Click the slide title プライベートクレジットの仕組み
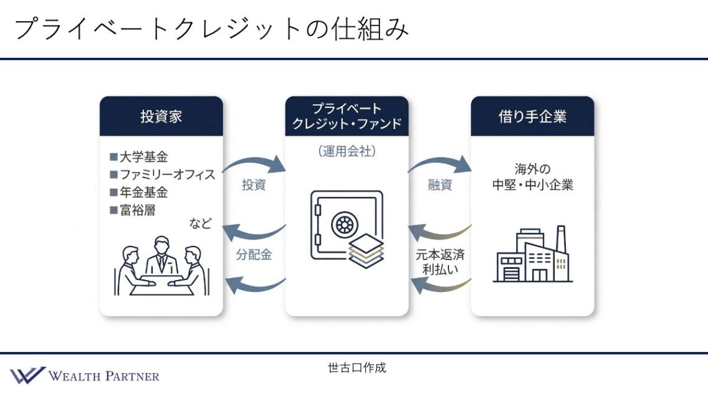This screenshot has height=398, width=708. tap(211, 29)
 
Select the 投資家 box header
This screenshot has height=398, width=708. tap(161, 117)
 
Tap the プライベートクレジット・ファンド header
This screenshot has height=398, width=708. tap(347, 117)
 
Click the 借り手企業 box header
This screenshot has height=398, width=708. tap(532, 117)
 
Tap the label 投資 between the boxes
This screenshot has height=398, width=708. tap(253, 185)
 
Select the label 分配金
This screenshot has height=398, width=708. tap(253, 255)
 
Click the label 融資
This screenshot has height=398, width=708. tap(440, 185)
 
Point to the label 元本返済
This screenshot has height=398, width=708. tap(440, 255)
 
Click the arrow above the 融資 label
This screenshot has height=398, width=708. tap(439, 163)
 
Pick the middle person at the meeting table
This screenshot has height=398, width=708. tap(161, 255)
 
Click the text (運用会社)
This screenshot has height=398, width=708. tap(347, 150)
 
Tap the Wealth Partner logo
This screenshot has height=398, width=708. tap(85, 376)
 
